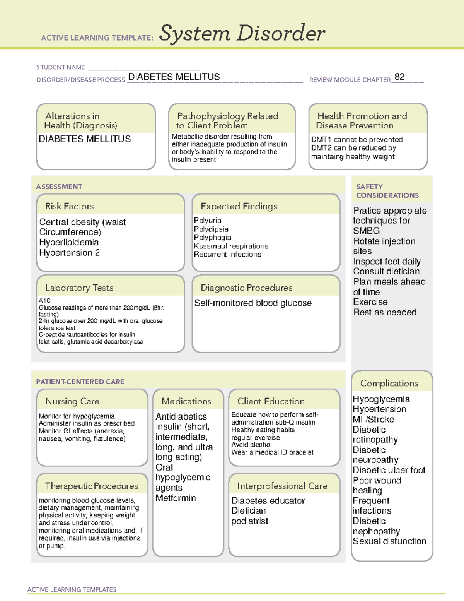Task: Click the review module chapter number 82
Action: pyautogui.click(x=399, y=77)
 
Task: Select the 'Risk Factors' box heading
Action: pyautogui.click(x=69, y=206)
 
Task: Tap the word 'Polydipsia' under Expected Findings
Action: pyautogui.click(x=211, y=229)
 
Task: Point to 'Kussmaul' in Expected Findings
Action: pyautogui.click(x=209, y=246)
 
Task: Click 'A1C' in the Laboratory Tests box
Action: pyautogui.click(x=44, y=300)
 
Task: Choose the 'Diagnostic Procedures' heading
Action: pyautogui.click(x=246, y=288)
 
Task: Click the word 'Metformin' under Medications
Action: pyautogui.click(x=176, y=498)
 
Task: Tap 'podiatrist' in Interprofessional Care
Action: pyautogui.click(x=249, y=521)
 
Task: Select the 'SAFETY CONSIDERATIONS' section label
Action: pyautogui.click(x=387, y=191)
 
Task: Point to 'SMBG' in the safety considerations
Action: pyautogui.click(x=366, y=231)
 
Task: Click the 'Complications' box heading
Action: pyautogui.click(x=389, y=383)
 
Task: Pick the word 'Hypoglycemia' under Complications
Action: pyautogui.click(x=381, y=399)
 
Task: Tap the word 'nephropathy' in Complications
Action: pyautogui.click(x=376, y=531)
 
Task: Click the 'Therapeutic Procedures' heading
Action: pyautogui.click(x=91, y=486)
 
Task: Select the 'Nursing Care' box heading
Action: pyautogui.click(x=72, y=401)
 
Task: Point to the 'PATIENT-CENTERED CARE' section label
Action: pyautogui.click(x=80, y=382)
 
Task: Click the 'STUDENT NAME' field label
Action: pyautogui.click(x=61, y=67)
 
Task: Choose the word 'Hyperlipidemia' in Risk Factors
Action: pyautogui.click(x=69, y=242)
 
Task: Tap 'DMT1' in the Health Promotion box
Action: pyautogui.click(x=321, y=140)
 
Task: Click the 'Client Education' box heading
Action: pyautogui.click(x=271, y=401)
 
